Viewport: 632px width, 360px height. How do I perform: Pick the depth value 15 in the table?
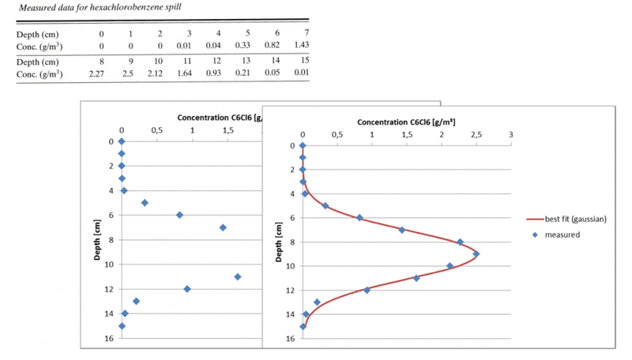304,61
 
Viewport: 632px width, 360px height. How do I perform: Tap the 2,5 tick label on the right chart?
476,134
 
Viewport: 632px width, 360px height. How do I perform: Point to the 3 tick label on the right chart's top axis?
511,134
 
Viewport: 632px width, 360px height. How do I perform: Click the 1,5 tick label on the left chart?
227,129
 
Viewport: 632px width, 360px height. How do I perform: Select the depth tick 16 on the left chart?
110,338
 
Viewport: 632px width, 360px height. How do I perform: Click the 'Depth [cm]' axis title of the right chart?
277,241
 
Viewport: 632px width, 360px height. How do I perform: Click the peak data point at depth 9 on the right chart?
476,253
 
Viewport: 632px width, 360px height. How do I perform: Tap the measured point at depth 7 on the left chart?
223,227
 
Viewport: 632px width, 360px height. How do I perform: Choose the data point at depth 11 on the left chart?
238,276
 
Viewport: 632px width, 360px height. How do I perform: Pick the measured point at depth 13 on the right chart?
317,302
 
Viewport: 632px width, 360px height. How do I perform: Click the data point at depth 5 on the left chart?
145,203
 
